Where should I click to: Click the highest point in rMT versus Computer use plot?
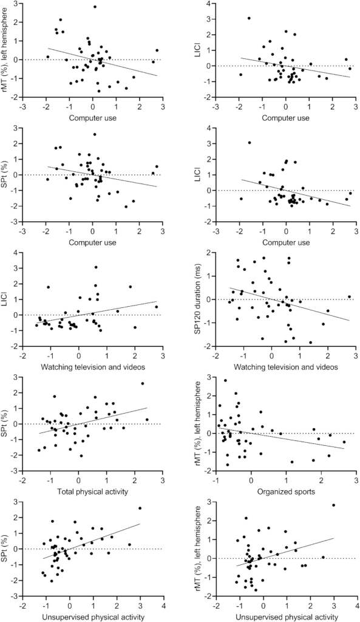pyautogui.click(x=95, y=7)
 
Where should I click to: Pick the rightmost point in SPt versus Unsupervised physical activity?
pyautogui.click(x=140, y=508)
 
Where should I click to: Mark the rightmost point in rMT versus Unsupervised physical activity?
pyautogui.click(x=333, y=505)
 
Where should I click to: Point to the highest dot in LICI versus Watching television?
pyautogui.click(x=95, y=267)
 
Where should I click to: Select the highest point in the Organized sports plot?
pyautogui.click(x=225, y=381)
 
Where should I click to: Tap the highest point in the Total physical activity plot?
pyautogui.click(x=143, y=383)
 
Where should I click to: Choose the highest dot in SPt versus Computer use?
pyautogui.click(x=95, y=134)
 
